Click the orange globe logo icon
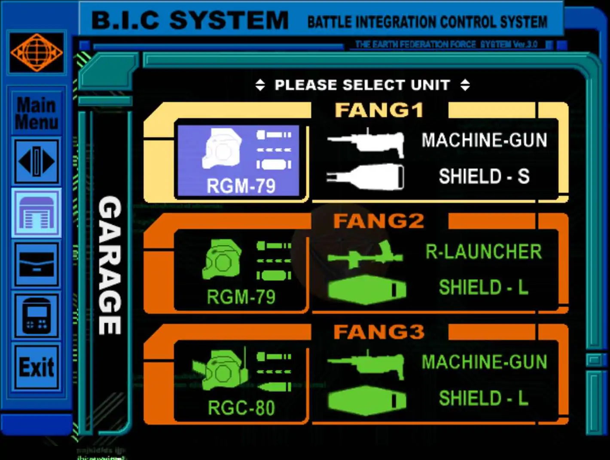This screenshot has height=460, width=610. coord(37,52)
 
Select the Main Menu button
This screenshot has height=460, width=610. coord(37,113)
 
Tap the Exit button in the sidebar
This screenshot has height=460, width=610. coord(37,368)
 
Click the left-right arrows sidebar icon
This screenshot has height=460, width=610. coord(37,161)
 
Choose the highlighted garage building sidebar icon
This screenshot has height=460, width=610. coord(37,213)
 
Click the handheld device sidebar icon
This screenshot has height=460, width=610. coord(37,316)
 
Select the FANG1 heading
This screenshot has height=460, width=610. coord(379,110)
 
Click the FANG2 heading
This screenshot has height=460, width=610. coord(379,221)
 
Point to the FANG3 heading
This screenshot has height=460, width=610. coord(379,332)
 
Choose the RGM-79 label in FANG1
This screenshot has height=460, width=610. coord(241,186)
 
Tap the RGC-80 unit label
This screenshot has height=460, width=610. coord(241,408)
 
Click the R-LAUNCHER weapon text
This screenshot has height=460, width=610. coord(484,252)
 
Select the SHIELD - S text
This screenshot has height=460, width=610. coord(484,176)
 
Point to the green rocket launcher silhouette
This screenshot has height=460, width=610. coord(366,256)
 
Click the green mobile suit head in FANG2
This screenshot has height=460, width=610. coord(222,259)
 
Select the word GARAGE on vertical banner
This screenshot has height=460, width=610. coord(110,266)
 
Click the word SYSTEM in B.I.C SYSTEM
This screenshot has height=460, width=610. coord(229,21)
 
